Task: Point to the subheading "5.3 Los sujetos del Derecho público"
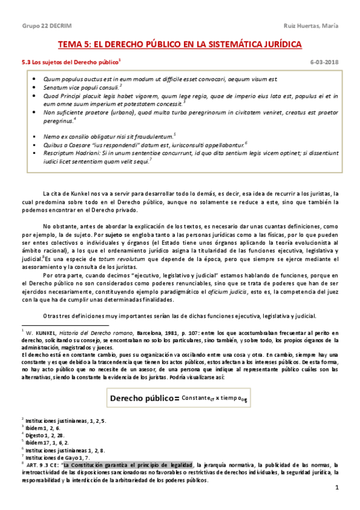[x=69, y=61]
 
